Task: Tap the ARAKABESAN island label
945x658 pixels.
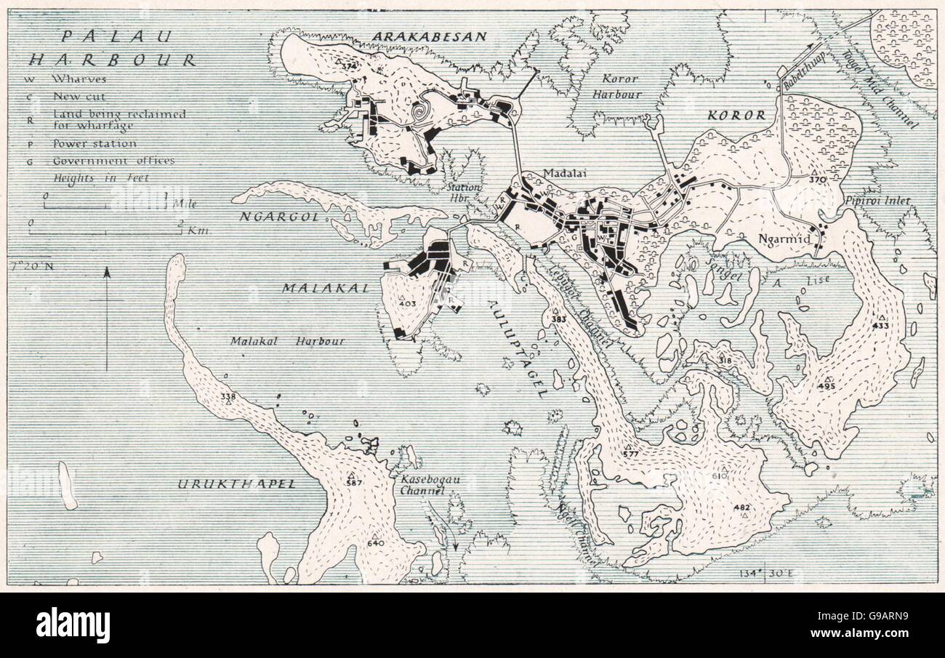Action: (430, 37)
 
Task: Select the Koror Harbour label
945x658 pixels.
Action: (621, 86)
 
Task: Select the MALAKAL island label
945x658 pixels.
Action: (317, 288)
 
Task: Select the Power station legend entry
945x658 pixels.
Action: (94, 144)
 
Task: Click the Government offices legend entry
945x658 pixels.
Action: (113, 161)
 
